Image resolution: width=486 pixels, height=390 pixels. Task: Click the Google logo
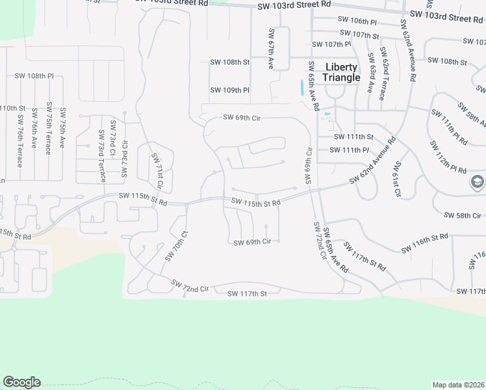tap(21, 382)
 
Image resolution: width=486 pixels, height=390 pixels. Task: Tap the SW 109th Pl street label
tap(229, 90)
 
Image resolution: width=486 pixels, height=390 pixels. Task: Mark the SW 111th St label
tap(353, 137)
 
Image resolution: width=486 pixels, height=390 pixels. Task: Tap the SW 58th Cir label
tap(462, 215)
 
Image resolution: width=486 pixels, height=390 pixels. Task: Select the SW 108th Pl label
tap(34, 76)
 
